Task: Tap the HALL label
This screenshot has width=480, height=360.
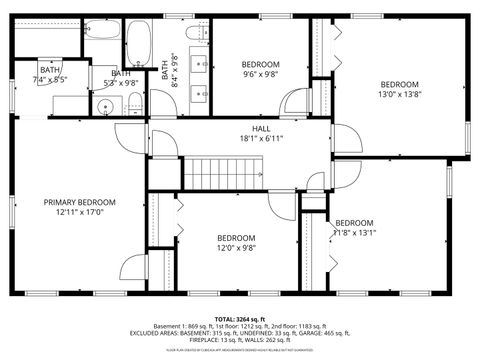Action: coord(261,129)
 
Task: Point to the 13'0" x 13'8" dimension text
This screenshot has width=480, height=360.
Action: coord(398,96)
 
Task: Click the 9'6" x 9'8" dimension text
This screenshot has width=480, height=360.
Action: coord(261,75)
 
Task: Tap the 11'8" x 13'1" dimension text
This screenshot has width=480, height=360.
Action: coord(355,233)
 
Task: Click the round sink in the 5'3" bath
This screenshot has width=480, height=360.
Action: coord(106,104)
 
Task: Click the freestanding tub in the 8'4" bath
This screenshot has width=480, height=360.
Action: coord(138,40)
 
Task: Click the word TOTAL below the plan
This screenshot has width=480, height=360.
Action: coord(225,317)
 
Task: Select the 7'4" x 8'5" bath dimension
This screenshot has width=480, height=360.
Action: coord(49,79)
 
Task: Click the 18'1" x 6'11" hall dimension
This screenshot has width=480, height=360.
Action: coord(261,139)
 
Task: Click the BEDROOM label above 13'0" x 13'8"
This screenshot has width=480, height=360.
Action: coord(398,84)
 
